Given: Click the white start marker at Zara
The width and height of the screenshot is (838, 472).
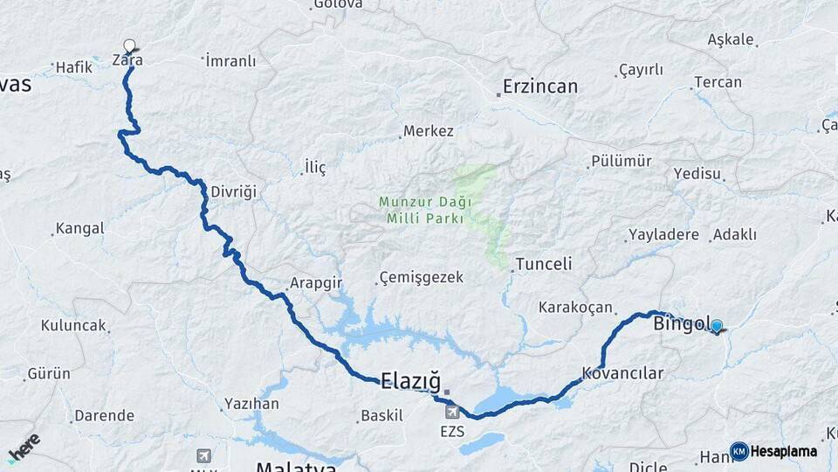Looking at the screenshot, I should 130,45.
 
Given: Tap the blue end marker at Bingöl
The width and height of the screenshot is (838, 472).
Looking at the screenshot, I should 717,326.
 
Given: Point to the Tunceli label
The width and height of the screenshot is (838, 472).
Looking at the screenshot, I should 544,263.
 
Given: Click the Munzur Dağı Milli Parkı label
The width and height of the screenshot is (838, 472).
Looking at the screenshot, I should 425,210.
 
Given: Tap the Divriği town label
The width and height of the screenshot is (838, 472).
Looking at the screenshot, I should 234,191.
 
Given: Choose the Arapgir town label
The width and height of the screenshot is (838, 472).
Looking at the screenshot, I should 315,283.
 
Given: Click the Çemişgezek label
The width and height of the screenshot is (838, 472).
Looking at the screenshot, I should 421,278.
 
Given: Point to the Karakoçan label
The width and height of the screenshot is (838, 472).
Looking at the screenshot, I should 577,307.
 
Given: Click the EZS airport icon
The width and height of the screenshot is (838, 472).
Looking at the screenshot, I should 452,412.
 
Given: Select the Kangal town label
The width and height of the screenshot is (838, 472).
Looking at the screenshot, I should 79,229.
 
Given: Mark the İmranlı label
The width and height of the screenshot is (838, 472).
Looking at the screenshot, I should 231,60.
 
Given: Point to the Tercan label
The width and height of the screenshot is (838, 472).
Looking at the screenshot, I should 718,82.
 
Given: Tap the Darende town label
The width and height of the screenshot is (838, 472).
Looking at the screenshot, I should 104,415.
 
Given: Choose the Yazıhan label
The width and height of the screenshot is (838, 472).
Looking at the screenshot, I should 251,403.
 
